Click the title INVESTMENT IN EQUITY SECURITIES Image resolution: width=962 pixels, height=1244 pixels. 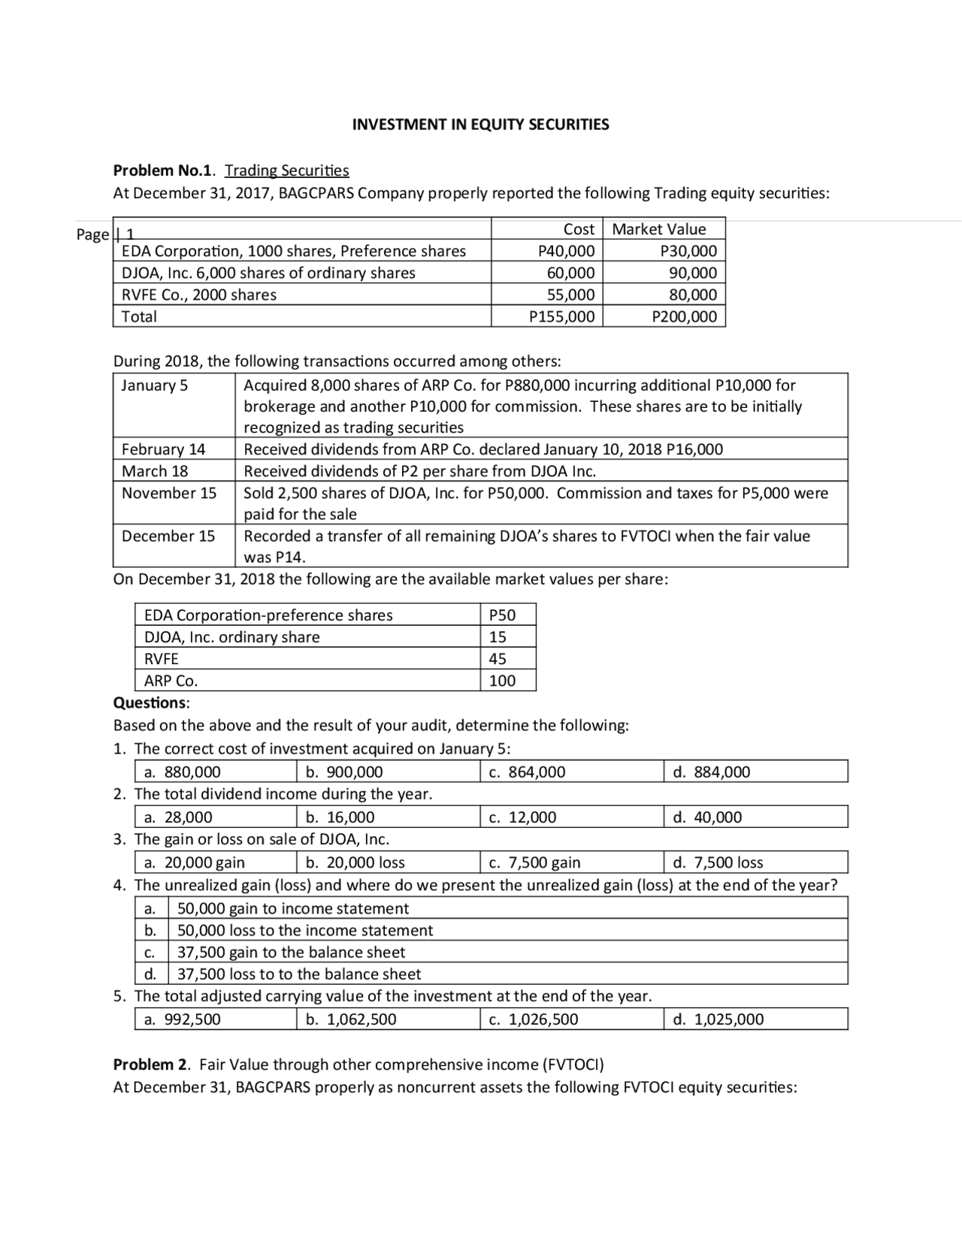click(x=480, y=125)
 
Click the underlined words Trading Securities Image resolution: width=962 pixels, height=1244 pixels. click(x=286, y=171)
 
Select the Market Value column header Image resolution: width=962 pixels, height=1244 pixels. click(x=659, y=229)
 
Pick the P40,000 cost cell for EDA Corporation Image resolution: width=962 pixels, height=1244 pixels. click(x=567, y=251)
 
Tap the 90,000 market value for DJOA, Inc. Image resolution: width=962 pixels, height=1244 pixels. click(x=692, y=273)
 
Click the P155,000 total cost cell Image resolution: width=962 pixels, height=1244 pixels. click(x=562, y=316)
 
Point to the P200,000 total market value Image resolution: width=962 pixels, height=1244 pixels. click(x=684, y=316)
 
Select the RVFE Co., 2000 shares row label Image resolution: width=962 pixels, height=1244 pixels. click(x=199, y=294)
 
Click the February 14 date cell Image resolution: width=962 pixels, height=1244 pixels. click(x=163, y=449)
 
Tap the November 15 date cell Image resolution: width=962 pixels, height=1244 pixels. click(x=168, y=493)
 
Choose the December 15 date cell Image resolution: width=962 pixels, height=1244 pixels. click(x=168, y=536)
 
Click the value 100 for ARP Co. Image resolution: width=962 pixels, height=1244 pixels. click(x=502, y=681)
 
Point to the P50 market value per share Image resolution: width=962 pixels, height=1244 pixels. click(x=502, y=615)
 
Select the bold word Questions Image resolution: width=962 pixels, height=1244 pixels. click(x=150, y=703)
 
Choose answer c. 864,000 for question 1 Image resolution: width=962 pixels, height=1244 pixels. click(x=527, y=772)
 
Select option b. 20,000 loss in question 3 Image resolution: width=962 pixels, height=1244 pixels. click(x=355, y=862)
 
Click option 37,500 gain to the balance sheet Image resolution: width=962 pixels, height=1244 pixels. click(x=291, y=953)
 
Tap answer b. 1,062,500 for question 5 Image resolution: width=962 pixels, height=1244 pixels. click(x=351, y=1019)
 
